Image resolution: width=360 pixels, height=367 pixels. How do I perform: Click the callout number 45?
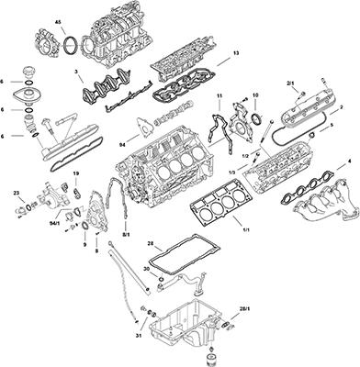(x=58, y=20)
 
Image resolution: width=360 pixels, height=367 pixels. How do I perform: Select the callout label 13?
(x=235, y=53)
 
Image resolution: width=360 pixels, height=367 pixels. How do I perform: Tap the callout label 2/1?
(x=290, y=83)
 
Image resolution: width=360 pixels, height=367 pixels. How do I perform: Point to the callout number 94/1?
(x=55, y=222)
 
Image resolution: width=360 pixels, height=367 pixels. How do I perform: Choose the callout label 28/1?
(x=244, y=309)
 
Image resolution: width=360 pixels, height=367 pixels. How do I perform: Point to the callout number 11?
(x=219, y=95)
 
